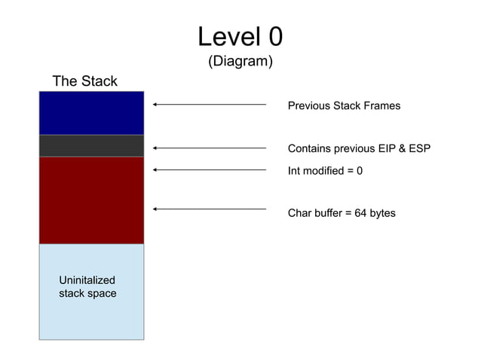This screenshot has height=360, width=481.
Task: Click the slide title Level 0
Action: (240, 36)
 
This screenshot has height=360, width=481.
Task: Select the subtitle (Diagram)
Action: (240, 62)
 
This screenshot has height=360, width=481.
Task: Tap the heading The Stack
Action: (84, 81)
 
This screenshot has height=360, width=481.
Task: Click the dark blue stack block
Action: (91, 113)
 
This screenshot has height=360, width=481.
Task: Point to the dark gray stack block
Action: (91, 145)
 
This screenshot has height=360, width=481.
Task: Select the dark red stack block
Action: (91, 200)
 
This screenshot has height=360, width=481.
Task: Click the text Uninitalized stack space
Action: (87, 287)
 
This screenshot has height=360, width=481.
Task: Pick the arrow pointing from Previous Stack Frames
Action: (210, 105)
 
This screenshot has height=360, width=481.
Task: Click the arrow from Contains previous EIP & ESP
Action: (210, 148)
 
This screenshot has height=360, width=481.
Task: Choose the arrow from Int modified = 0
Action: (210, 170)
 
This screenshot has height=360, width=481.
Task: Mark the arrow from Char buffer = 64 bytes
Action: (210, 209)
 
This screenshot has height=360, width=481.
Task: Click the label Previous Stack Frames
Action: (344, 106)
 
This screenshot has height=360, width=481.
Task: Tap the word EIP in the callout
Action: (384, 149)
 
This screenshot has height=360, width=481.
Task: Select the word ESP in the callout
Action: (418, 149)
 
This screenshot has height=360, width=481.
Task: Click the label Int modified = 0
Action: (325, 171)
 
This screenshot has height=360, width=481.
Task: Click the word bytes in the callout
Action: (382, 214)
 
